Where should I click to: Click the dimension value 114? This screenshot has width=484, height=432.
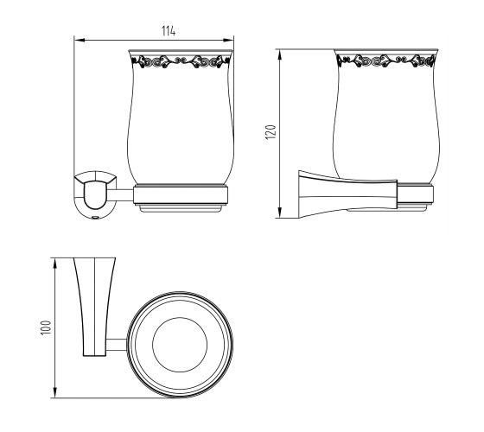(169, 31)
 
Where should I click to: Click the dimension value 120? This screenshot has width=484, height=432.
(271, 132)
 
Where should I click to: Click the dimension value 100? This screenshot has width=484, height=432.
(46, 327)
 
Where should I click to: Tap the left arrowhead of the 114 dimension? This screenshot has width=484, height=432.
(80, 40)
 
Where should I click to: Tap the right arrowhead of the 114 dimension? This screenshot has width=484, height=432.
(228, 40)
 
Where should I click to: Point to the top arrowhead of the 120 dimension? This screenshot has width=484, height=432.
(280, 54)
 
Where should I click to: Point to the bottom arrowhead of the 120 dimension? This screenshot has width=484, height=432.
(280, 213)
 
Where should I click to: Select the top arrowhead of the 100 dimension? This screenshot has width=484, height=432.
(55, 264)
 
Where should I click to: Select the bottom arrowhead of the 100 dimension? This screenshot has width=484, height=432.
(55, 392)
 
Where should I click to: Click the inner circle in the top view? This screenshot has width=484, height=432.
(180, 318)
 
